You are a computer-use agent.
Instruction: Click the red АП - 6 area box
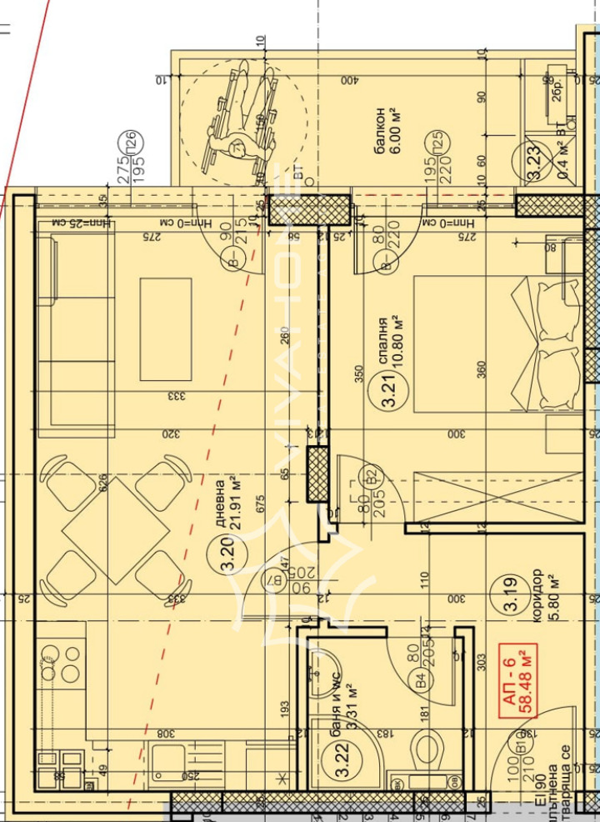(x=516, y=679)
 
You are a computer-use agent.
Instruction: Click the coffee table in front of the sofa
(x=166, y=328)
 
